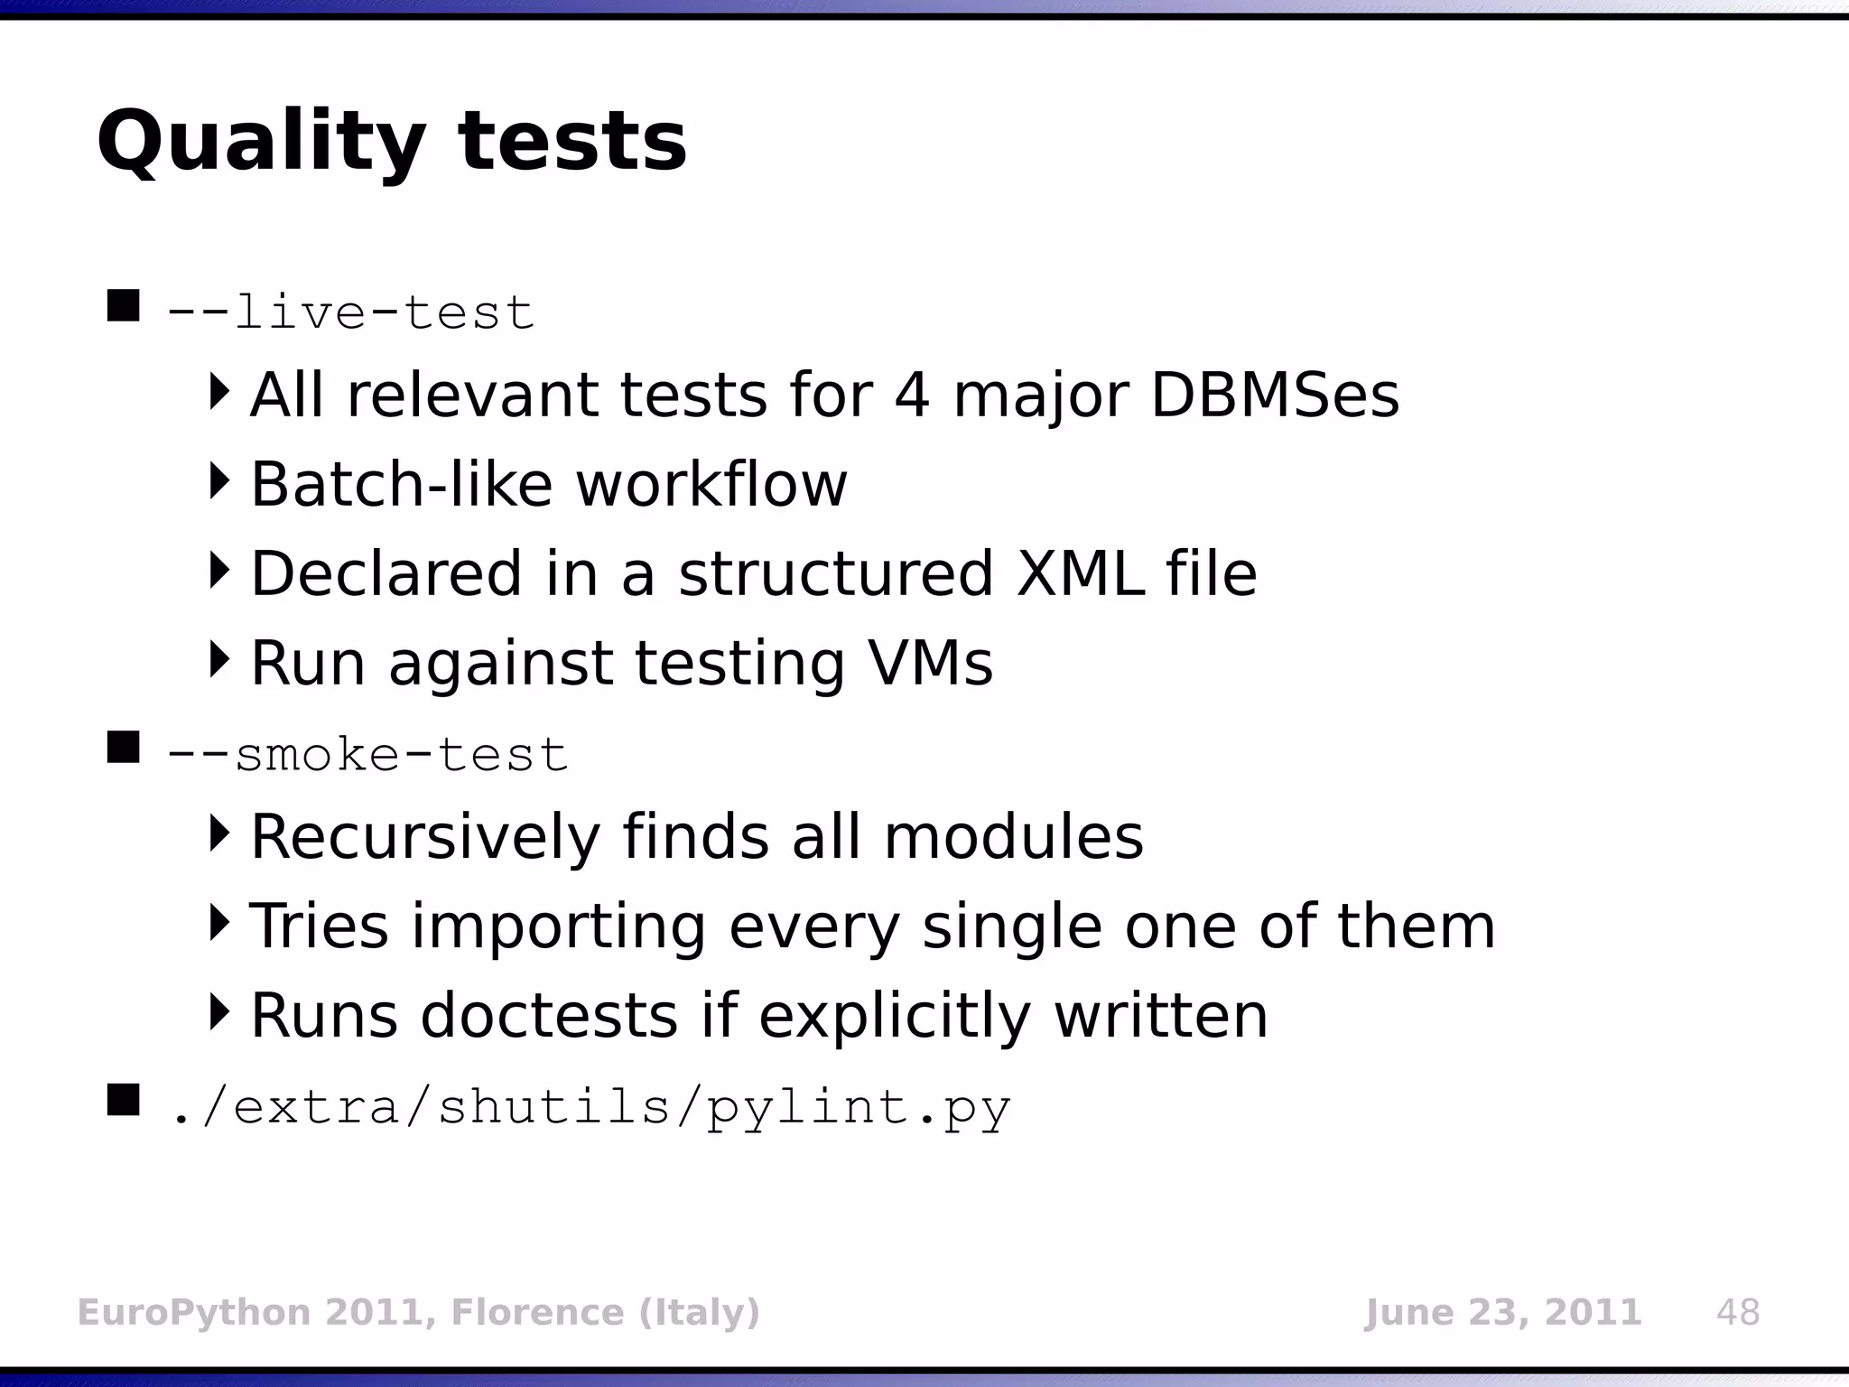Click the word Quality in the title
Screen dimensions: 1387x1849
[x=260, y=143]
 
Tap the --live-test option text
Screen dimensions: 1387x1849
[x=350, y=313]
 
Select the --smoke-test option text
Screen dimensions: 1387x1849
[x=367, y=754]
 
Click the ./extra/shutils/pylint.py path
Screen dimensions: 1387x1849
[x=589, y=1107]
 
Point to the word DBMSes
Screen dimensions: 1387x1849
[x=1275, y=396]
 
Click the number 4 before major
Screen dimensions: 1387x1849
[x=912, y=396]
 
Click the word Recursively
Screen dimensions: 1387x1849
[x=425, y=837]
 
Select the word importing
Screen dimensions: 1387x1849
[x=559, y=926]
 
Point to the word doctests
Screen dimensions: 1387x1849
[x=549, y=1015]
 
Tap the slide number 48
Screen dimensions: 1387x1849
[x=1738, y=1312]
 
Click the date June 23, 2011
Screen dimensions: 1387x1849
[x=1502, y=1312]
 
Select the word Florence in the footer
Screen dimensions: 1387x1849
[x=536, y=1312]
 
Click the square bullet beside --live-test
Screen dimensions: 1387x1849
[x=123, y=306]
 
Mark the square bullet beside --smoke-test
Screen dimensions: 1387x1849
[x=123, y=748]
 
